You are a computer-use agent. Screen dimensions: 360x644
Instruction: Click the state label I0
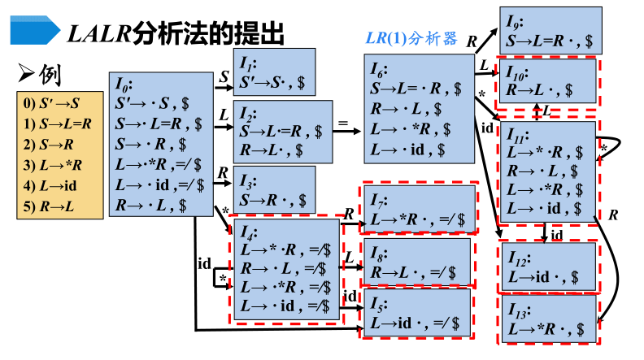(124, 84)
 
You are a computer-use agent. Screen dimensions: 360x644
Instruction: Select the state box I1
(275, 72)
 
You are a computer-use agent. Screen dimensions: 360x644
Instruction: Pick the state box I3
(275, 189)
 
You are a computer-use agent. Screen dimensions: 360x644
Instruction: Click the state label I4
(249, 230)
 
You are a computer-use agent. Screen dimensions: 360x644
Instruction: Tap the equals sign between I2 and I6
(343, 125)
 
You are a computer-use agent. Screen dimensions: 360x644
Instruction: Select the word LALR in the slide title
(96, 33)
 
